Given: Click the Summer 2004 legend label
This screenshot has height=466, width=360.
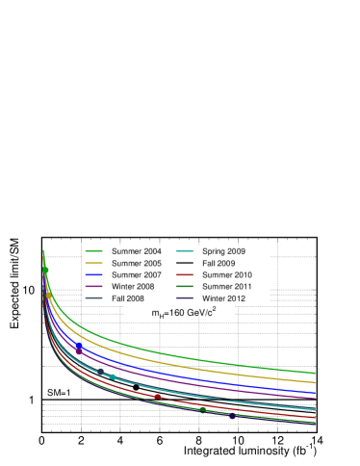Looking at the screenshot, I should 136,251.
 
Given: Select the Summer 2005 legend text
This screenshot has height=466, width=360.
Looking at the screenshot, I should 136,263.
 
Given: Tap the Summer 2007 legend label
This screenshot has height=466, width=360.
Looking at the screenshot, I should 136,274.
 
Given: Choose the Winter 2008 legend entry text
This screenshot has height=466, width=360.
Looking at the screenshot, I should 135,286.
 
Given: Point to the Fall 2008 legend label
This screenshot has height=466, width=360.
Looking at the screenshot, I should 129,298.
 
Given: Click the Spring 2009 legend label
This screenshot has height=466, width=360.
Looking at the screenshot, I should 223,251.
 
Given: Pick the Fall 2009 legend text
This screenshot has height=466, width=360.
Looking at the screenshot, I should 219,263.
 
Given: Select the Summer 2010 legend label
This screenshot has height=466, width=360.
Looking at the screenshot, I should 226,274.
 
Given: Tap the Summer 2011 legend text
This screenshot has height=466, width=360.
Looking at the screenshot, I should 226,286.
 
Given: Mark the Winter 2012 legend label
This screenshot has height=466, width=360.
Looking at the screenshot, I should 223,298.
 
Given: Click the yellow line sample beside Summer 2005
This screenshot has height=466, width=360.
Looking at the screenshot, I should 94,263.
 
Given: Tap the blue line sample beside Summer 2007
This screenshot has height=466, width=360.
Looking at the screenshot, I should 94,274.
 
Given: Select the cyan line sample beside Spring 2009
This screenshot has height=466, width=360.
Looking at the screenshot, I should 185,251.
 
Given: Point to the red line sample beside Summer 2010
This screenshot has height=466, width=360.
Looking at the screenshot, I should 185,274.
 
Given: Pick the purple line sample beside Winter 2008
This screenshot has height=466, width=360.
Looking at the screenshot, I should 94,286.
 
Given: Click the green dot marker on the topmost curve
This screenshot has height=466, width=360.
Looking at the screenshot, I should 45,270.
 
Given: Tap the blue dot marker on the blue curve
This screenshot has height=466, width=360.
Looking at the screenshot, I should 79,349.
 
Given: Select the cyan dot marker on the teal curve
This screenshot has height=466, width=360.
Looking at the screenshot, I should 113,376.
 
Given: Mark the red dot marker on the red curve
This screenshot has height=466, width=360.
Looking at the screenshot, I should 157,397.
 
